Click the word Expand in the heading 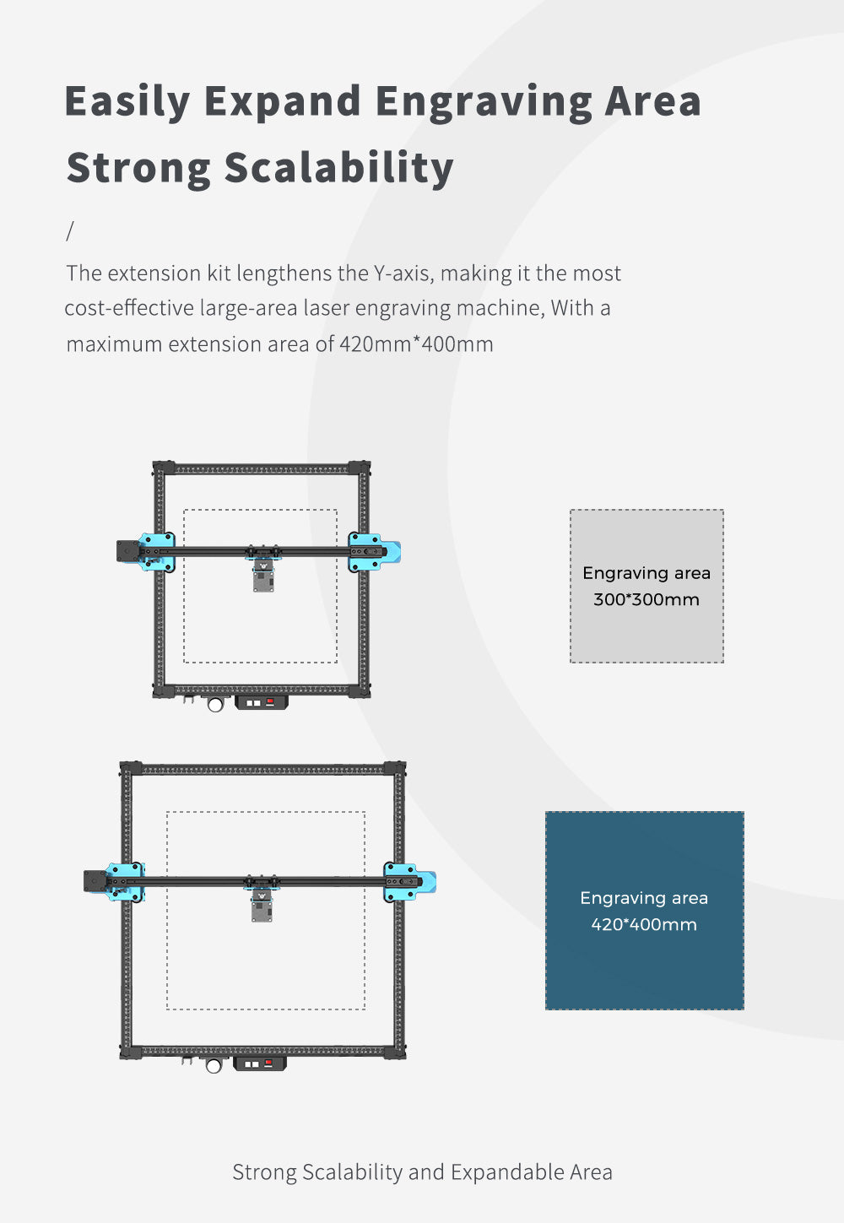(283, 101)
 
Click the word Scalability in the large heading (338, 167)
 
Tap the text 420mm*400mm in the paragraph (416, 344)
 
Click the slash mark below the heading (70, 230)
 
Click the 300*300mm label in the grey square (647, 600)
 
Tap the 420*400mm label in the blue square (644, 924)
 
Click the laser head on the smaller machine (263, 578)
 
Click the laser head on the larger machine (262, 907)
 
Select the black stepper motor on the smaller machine (127, 551)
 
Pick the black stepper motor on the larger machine (95, 880)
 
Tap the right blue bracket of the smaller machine (374, 552)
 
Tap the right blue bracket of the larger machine (409, 882)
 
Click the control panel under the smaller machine (261, 701)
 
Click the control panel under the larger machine (259, 1063)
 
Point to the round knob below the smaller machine (215, 704)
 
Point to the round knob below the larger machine (214, 1065)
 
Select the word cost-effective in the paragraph (129, 308)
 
